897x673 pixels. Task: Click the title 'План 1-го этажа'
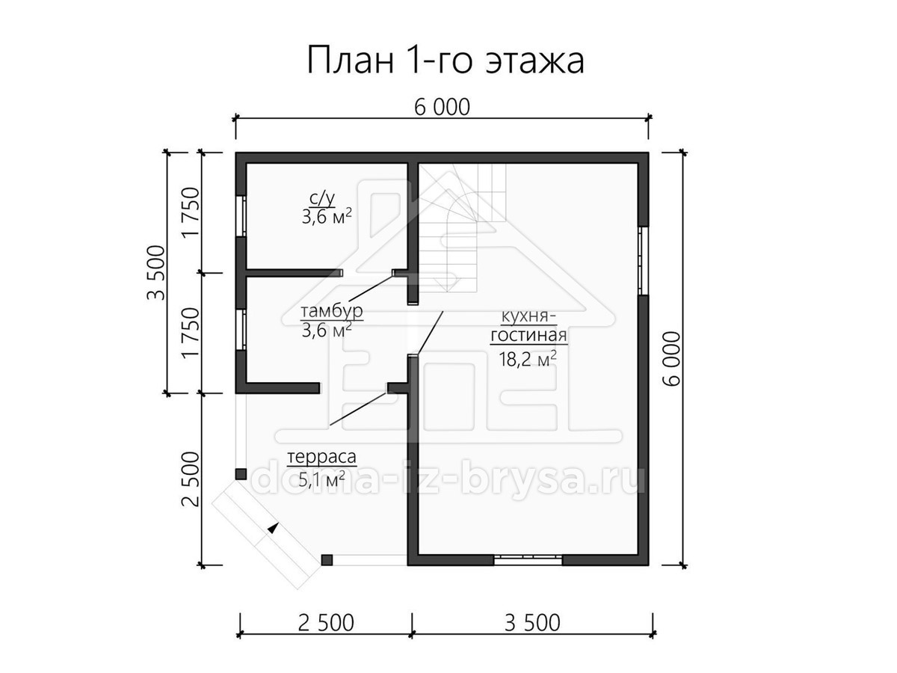[445, 60]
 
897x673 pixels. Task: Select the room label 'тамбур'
[332, 311]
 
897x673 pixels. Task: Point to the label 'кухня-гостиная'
[528, 326]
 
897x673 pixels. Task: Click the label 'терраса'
[322, 457]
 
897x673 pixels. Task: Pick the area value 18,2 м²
[528, 359]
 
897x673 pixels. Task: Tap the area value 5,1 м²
[321, 479]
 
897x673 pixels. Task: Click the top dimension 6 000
[443, 108]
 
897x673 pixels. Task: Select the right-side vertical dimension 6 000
[671, 358]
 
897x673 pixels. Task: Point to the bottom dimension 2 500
[326, 624]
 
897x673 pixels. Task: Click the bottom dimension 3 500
[532, 624]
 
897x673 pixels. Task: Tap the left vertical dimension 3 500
[156, 272]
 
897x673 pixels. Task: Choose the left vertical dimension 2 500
[191, 479]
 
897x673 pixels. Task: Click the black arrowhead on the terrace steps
[273, 528]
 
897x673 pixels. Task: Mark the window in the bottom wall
[528, 560]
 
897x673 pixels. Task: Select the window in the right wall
[644, 261]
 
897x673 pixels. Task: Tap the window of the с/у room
[241, 216]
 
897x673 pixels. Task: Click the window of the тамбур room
[241, 329]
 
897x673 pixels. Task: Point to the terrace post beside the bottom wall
[327, 560]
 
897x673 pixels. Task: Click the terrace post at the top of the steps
[241, 474]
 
